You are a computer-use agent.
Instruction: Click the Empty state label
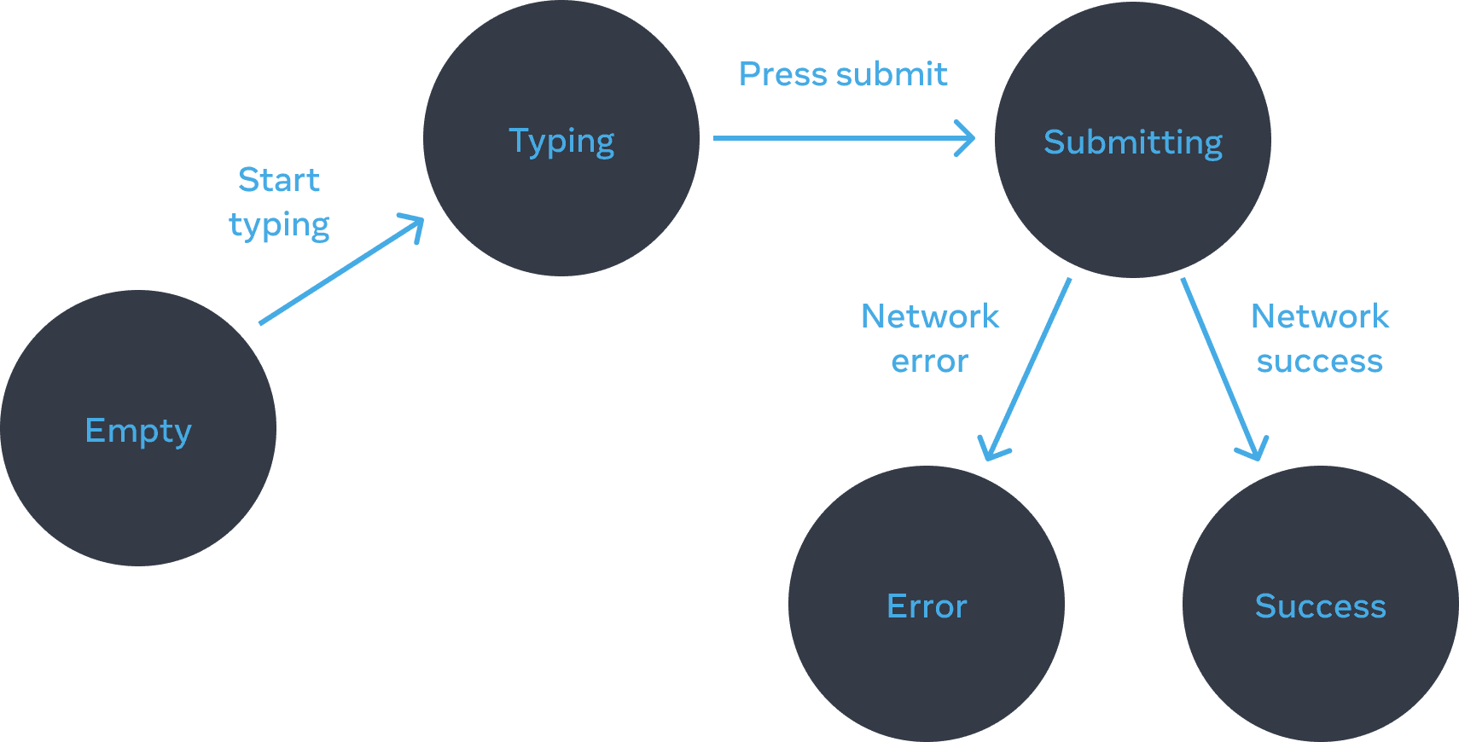click(x=138, y=431)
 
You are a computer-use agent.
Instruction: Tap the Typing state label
click(x=561, y=141)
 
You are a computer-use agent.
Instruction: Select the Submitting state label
click(x=1132, y=142)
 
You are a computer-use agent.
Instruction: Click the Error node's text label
click(x=927, y=606)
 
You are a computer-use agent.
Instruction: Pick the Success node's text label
click(x=1320, y=606)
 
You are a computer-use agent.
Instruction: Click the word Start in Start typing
click(x=279, y=180)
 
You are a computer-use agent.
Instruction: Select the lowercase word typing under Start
click(x=279, y=225)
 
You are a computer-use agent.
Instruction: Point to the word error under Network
click(x=929, y=362)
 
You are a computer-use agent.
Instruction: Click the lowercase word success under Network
click(x=1319, y=362)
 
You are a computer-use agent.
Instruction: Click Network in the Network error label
click(x=929, y=316)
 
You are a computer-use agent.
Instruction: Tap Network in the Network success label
click(x=1319, y=316)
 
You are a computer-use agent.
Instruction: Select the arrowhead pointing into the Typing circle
click(x=417, y=223)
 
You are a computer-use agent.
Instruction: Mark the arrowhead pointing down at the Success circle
click(x=1255, y=452)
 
